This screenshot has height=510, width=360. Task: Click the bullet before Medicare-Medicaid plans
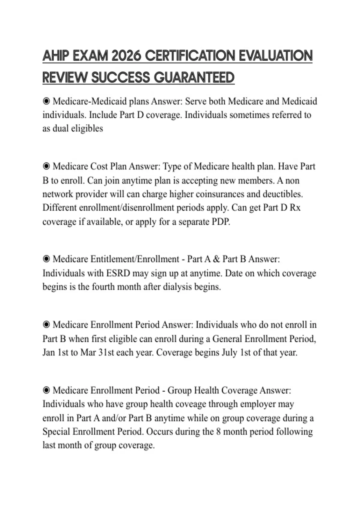coord(46,101)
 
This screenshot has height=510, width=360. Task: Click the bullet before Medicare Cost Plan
coord(46,166)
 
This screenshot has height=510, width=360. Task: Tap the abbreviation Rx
coord(295,208)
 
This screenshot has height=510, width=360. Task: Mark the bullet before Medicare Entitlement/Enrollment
coord(46,259)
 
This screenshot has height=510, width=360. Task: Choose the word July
coord(229,352)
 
